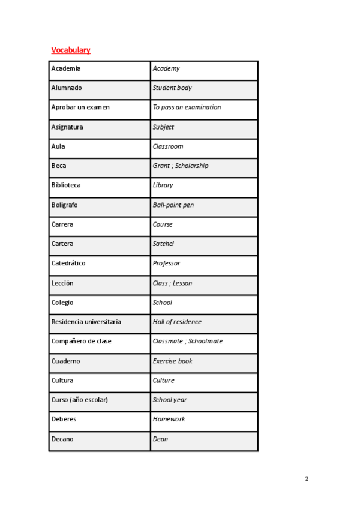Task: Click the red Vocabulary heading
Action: tap(71, 50)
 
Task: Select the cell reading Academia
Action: tap(66, 68)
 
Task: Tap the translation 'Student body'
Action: tap(172, 88)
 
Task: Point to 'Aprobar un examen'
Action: tap(80, 107)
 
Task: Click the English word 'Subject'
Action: tap(163, 127)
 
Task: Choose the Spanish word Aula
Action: tap(58, 146)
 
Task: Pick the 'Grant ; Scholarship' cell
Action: tap(181, 166)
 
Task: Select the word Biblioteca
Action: tap(66, 185)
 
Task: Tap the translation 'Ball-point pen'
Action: tap(173, 205)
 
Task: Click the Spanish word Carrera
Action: tap(62, 224)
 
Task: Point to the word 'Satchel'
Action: tap(163, 244)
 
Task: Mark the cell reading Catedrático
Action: tap(68, 263)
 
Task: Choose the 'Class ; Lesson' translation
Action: tap(172, 283)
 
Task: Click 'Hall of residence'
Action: tap(177, 322)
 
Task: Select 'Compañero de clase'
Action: tap(82, 341)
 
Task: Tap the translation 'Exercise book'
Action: tap(172, 361)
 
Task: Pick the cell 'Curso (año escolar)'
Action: tap(80, 400)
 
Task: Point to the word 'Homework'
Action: tap(169, 419)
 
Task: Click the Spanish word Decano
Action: tap(62, 439)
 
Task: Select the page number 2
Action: tap(307, 479)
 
